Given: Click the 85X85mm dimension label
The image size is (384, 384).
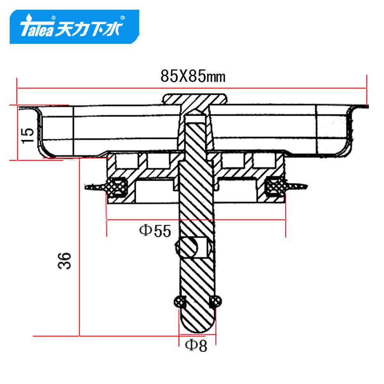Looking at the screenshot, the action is pos(193,76).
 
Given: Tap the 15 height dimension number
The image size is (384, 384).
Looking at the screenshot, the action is pos(28,135).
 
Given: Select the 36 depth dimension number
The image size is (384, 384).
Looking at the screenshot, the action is pos(64,261).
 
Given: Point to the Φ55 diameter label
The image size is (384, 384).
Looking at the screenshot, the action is pos(155,231).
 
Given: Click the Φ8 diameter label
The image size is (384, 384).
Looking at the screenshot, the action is pos(196,345).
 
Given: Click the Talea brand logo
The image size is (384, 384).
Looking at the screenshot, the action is pos(74,27).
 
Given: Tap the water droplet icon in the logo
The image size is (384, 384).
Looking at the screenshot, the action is pos(29,17).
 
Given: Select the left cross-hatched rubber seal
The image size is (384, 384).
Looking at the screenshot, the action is pos(117,187).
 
